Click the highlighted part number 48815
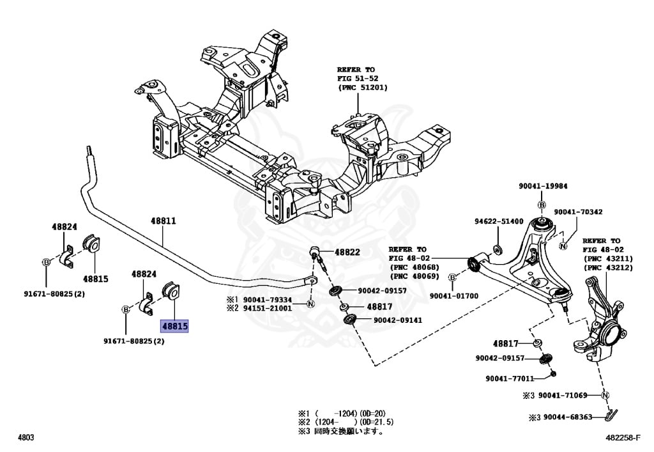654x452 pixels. point(174,326)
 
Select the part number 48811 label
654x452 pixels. point(163,221)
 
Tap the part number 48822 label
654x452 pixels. point(347,252)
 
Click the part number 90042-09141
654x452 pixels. point(397,320)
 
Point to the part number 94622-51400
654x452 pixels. point(498,221)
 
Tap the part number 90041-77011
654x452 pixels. point(510,378)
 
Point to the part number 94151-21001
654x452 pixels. point(267,308)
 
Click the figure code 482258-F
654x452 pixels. point(628,438)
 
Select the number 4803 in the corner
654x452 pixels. point(26,438)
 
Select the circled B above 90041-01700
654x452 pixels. point(453,277)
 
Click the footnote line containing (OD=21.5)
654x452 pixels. point(344,422)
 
